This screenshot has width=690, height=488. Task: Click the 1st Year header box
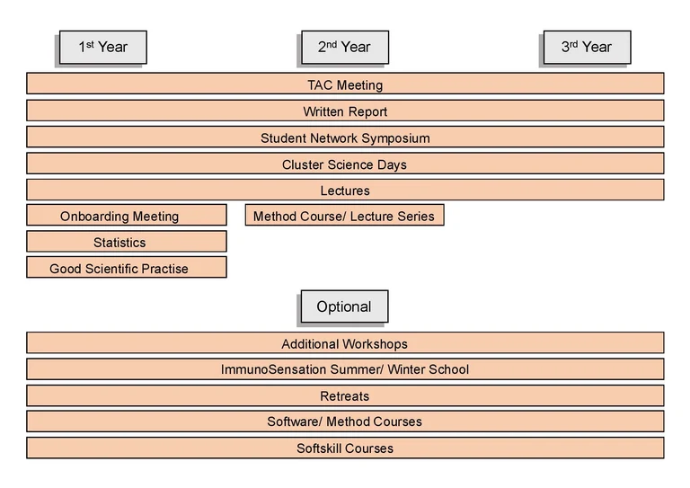pos(102,48)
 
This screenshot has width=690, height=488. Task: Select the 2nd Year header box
pos(343,48)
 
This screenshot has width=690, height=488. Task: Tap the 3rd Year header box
pos(587,48)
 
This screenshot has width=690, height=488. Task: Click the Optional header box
pos(343,306)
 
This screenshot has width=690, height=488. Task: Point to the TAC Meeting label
pos(345,85)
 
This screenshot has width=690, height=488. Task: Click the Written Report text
pos(345,111)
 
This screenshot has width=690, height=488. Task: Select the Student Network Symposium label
pos(345,138)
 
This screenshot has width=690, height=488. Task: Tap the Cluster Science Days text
pos(345,164)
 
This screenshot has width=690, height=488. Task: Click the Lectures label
pos(345,191)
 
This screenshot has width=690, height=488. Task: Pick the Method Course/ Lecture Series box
pos(344,216)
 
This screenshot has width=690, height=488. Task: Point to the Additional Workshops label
pos(345,343)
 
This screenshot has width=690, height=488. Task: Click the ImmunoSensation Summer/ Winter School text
pos(345,369)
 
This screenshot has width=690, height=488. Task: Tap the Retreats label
pos(345,395)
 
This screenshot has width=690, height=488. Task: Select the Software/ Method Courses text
pos(345,421)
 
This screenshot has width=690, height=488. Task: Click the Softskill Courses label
pos(345,448)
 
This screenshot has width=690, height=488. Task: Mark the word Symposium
pos(396,138)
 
